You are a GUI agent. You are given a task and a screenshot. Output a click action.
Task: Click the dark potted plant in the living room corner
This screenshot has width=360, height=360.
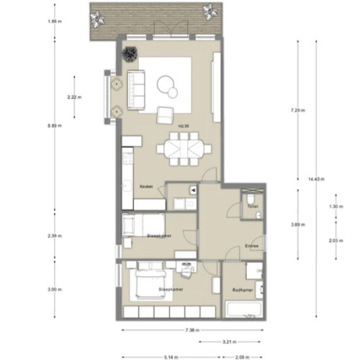(x=130, y=54)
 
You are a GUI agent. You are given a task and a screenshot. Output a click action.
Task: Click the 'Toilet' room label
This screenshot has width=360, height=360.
(x=251, y=206)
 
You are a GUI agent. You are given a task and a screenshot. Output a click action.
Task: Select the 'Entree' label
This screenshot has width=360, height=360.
(x=251, y=245)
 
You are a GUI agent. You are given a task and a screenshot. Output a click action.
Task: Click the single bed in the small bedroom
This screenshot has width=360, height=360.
(x=142, y=224)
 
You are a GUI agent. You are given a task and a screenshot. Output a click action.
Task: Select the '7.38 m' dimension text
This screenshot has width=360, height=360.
(x=191, y=330)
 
